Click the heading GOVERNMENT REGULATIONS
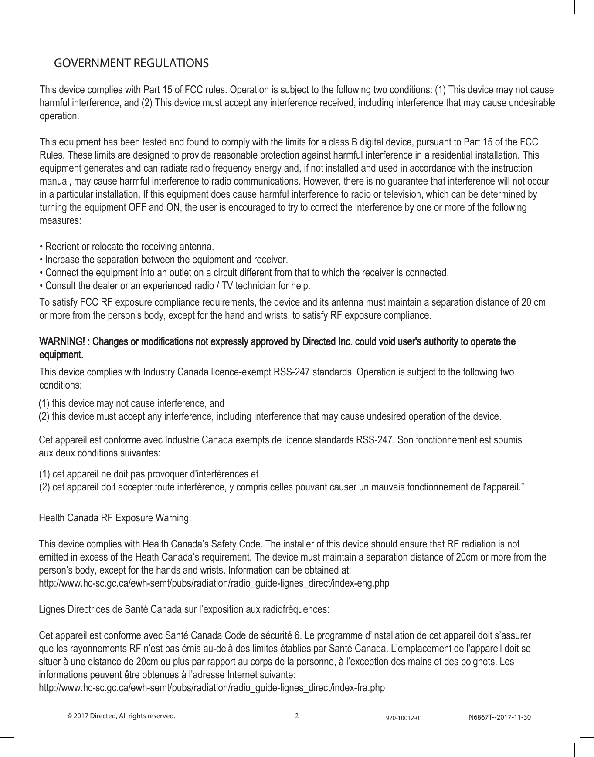click(131, 63)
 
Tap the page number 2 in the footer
click(297, 716)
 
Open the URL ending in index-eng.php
click(214, 583)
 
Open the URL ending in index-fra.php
click(212, 688)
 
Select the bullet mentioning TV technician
click(175, 286)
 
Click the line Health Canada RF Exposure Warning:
click(115, 518)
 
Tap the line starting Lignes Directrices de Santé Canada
click(184, 609)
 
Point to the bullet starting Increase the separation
click(163, 260)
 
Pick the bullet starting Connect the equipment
click(244, 273)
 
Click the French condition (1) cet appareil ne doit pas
click(149, 473)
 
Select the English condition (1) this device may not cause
click(132, 403)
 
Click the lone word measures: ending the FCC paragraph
click(60, 220)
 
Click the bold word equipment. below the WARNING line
click(61, 355)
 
